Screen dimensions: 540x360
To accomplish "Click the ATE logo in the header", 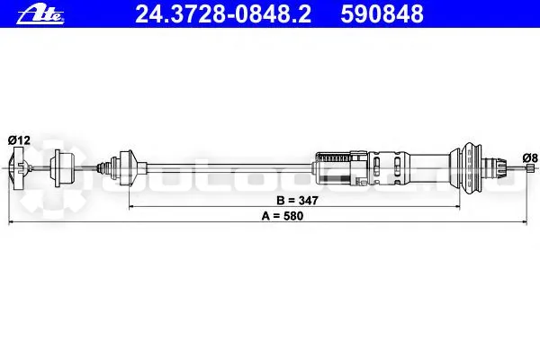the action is click(40, 15).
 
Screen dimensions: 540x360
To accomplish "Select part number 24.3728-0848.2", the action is click(223, 14).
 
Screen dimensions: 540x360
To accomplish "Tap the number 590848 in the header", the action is click(382, 14).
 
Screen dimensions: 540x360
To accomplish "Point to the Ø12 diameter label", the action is click(19, 140).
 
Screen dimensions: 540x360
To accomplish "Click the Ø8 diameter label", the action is click(530, 158).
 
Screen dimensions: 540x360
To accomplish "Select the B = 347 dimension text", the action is click(298, 201).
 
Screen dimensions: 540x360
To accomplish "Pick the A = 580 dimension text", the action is click(283, 216).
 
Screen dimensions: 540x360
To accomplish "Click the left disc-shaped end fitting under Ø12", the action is click(18, 167).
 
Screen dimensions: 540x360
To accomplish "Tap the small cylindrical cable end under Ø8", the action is click(530, 167).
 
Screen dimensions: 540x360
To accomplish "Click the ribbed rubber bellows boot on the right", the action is click(471, 167).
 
